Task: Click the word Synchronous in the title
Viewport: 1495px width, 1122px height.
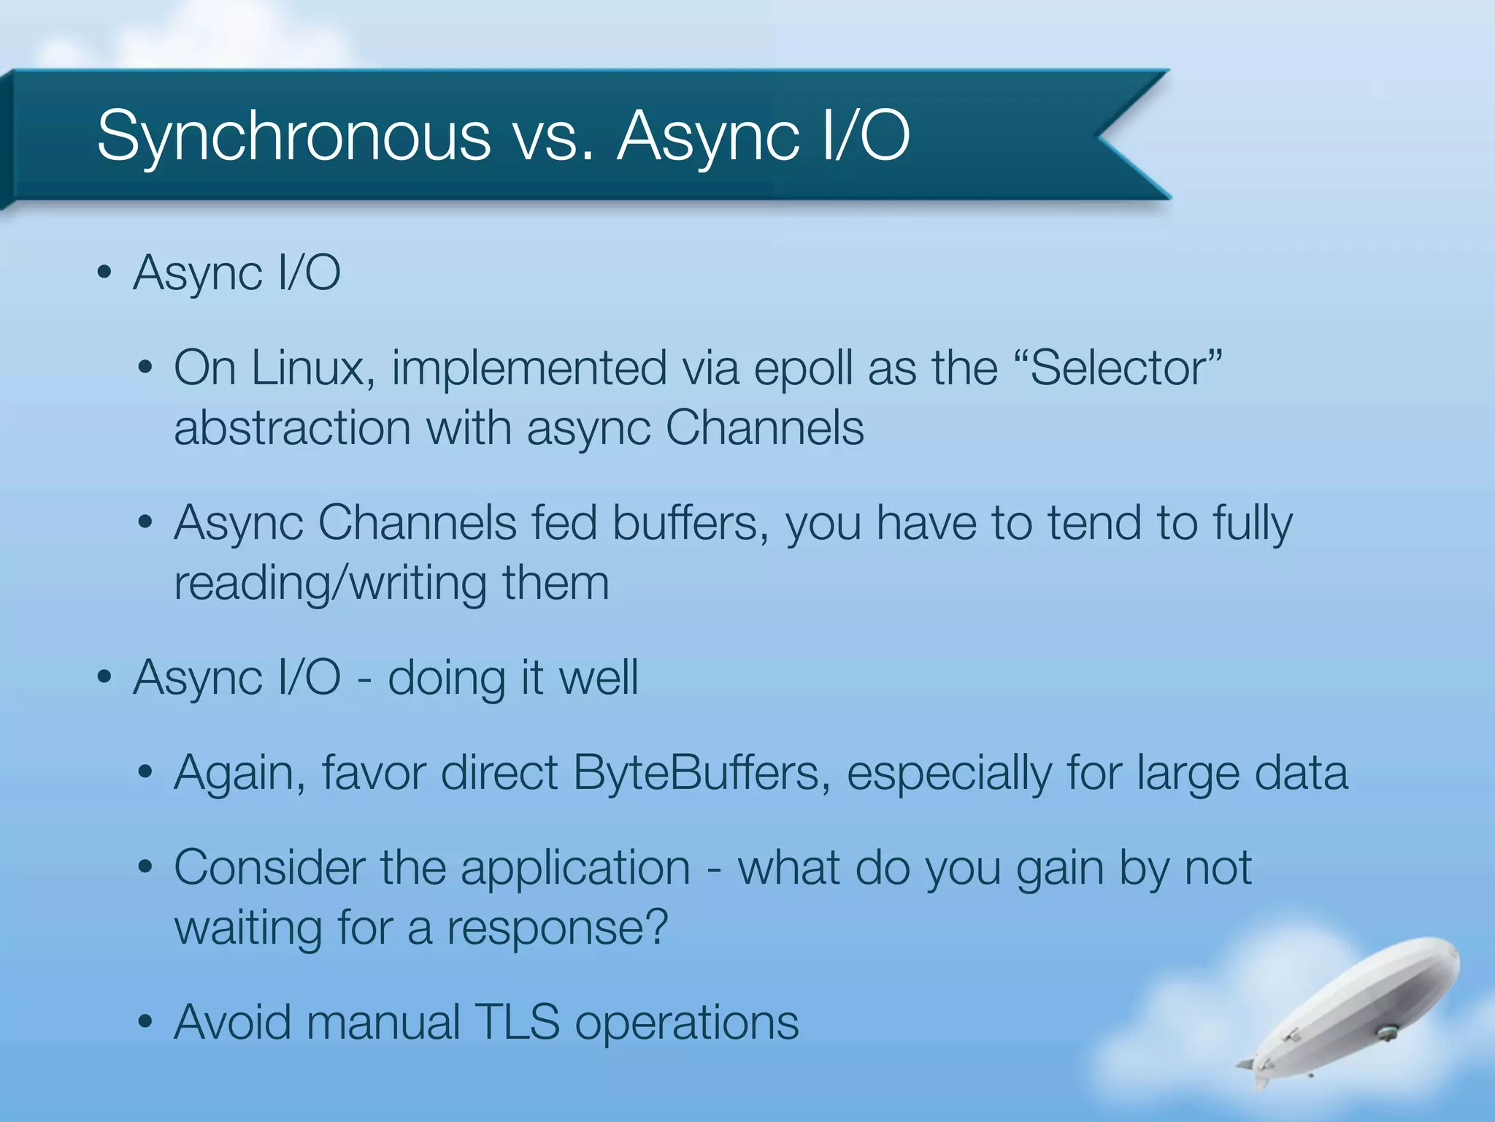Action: click(x=293, y=136)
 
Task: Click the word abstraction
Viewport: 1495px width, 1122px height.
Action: click(x=292, y=427)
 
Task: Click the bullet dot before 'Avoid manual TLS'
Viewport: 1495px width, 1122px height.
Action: click(x=145, y=1021)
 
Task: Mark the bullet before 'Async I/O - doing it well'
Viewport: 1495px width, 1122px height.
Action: click(x=104, y=676)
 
